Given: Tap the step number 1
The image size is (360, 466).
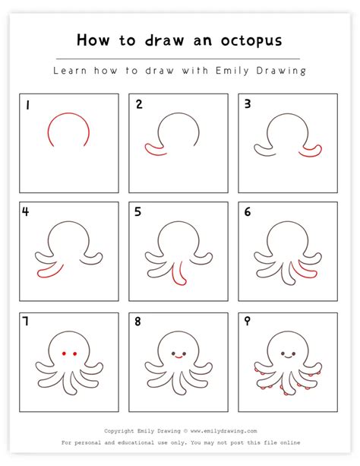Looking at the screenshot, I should coord(26,105).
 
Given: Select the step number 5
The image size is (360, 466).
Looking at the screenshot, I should coord(137,212).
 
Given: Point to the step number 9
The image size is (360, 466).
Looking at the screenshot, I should coord(246,322).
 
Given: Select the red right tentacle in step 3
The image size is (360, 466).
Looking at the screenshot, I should coord(310,152).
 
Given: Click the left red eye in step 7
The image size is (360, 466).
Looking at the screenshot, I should coord(64,353).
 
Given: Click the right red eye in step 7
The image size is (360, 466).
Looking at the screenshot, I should coord(76,353).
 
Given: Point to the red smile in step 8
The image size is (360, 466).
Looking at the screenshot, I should coord(178,357).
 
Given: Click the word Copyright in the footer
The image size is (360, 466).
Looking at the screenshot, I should coord(120,430).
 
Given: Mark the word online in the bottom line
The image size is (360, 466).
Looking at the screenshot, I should coord(289,442).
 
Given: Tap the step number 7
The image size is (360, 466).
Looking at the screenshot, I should coord(26,322).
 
